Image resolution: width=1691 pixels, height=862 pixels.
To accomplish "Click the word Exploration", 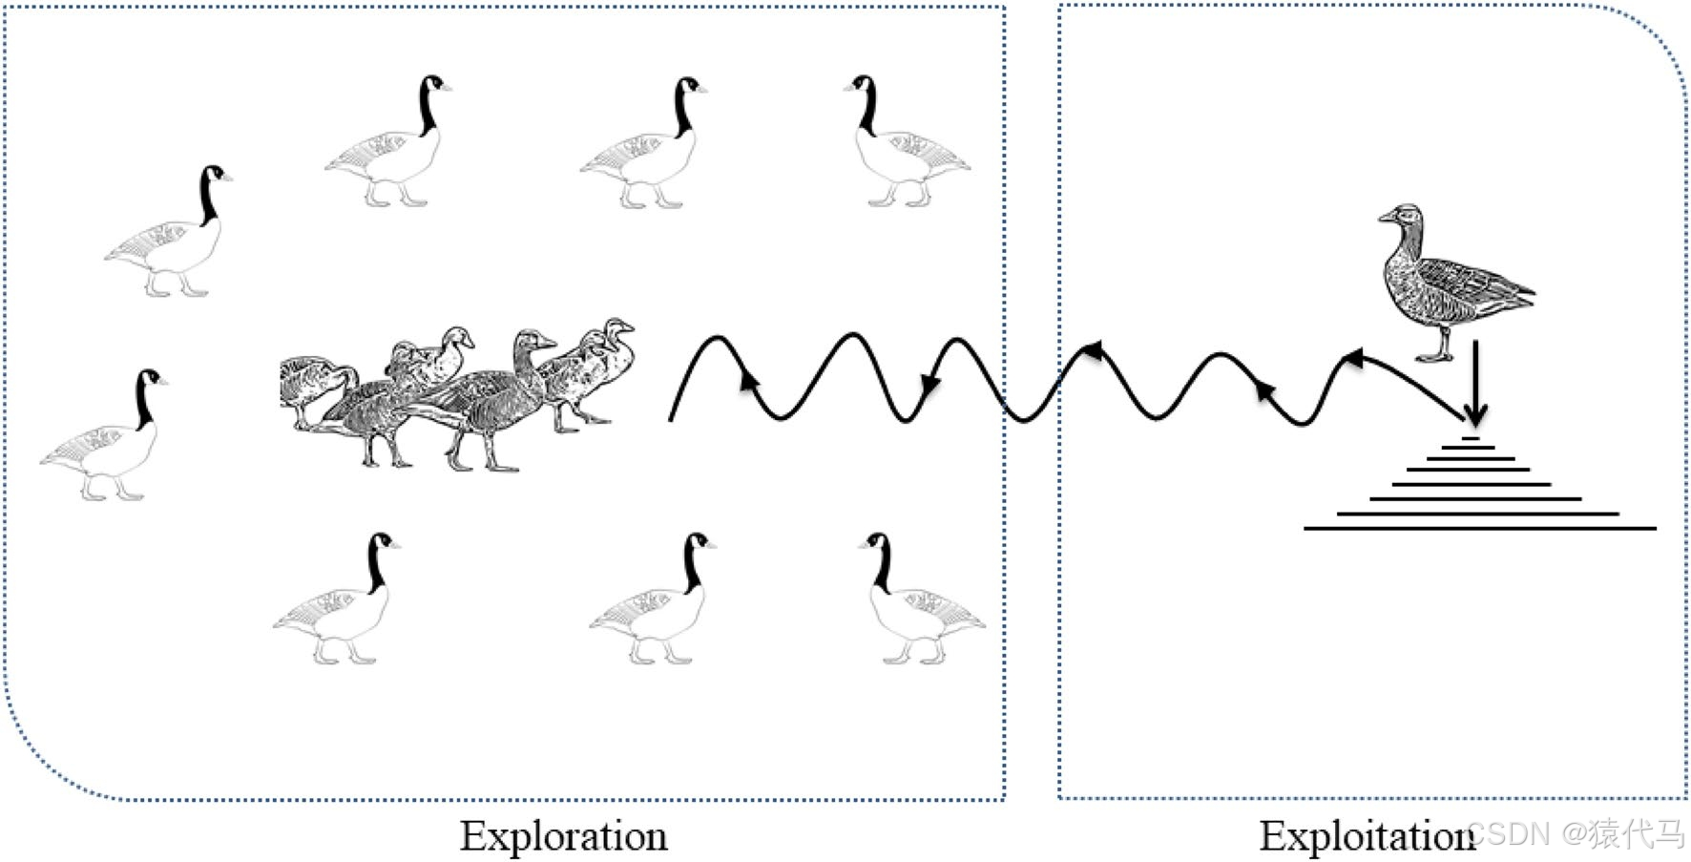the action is click(x=563, y=836).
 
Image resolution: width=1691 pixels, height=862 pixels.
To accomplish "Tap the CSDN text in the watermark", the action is click(x=1508, y=833).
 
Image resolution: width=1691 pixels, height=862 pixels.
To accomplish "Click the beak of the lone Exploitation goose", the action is click(x=1384, y=219).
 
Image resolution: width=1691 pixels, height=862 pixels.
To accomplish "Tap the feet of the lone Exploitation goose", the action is click(x=1434, y=357).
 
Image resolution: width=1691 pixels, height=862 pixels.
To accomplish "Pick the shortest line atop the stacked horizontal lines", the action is click(x=1471, y=438).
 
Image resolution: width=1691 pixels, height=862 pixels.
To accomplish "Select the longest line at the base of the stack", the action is click(x=1479, y=528).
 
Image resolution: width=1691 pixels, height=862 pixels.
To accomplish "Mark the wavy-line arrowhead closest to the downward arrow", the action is click(x=1353, y=358).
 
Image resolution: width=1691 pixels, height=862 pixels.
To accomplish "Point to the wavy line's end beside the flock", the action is click(x=671, y=417).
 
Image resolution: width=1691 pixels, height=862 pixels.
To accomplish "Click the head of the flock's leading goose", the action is click(x=618, y=329).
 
